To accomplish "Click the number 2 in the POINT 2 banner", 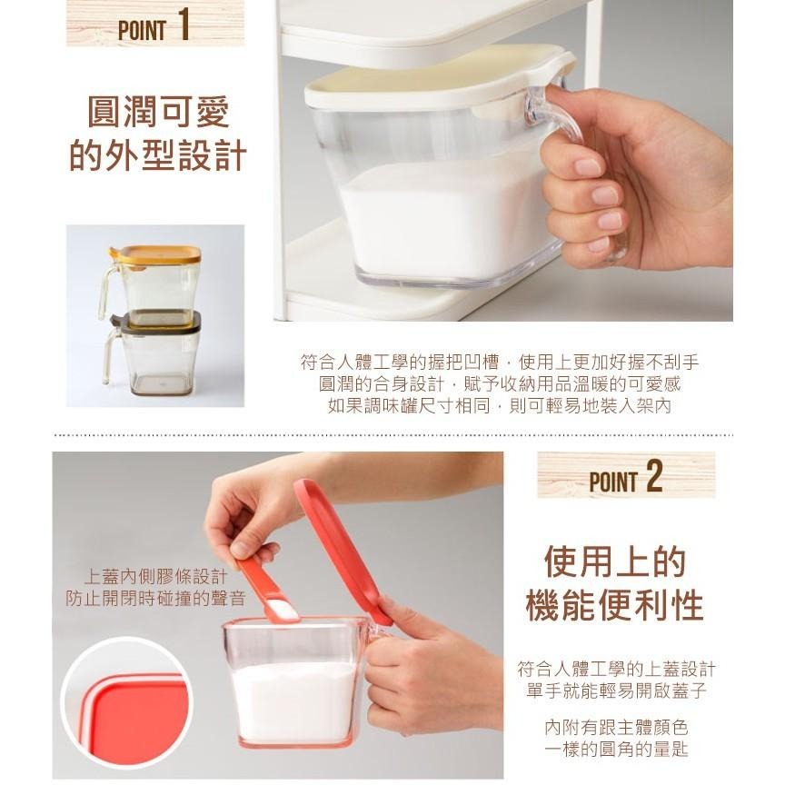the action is (x=654, y=476).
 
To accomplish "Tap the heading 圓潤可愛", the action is (x=158, y=112).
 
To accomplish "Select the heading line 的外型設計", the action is (x=158, y=154).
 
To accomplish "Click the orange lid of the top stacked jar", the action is (x=160, y=255).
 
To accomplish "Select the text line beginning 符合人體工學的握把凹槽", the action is (x=499, y=362).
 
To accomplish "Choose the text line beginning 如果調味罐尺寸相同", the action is (x=499, y=405).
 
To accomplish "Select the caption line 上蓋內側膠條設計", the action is (x=155, y=577).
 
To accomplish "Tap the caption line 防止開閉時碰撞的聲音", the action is (x=155, y=598).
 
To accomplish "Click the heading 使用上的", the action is (x=615, y=562).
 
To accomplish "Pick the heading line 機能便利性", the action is (x=615, y=605).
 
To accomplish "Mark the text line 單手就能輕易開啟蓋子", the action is (x=616, y=691).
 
